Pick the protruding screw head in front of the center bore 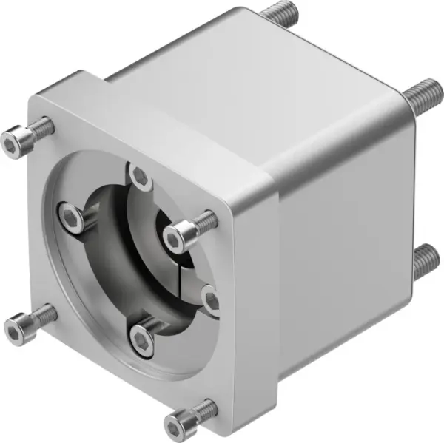pos(177,237)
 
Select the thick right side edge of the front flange pos(272,296)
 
